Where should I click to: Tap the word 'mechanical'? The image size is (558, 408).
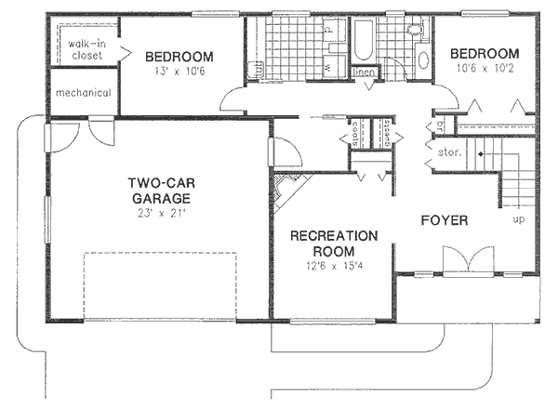pos(83,93)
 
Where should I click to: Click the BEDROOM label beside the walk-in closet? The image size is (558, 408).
pos(179,57)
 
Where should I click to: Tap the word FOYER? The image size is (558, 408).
pos(444,220)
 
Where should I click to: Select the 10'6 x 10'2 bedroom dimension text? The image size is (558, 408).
pos(483,68)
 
